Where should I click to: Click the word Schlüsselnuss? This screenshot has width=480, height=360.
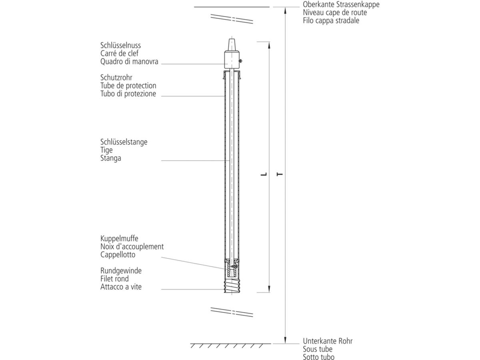pos(120,45)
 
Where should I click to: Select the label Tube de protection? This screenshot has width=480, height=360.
pos(128,86)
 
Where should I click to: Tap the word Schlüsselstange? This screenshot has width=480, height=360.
pos(124,142)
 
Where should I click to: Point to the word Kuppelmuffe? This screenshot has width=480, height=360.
pos(119,238)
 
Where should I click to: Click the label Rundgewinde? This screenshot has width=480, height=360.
pos(121,271)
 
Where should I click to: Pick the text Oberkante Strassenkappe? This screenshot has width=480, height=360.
pos(341,4)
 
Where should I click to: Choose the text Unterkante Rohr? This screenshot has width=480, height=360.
pos(328,341)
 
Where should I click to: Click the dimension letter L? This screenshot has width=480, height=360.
pos(263,174)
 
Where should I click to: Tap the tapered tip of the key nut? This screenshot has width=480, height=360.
pos(232,44)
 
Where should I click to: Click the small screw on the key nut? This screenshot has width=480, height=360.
pos(241,61)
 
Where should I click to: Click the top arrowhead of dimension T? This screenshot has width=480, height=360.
pos(285,10)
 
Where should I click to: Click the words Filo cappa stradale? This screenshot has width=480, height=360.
pos(331,20)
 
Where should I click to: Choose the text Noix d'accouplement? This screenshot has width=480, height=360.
pos(132,246)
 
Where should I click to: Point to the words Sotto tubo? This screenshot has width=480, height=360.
pos(318,357)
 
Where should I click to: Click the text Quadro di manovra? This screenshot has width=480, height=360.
pos(129,61)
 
